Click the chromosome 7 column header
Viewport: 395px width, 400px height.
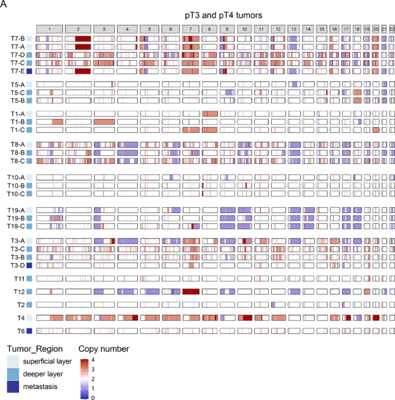[191, 29]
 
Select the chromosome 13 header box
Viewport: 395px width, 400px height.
[294, 29]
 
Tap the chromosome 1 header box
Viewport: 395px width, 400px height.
[50, 29]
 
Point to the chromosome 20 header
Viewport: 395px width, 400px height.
[375, 29]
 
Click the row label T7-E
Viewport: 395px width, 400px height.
[17, 71]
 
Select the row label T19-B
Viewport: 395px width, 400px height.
[16, 218]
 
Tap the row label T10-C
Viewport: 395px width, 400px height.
[16, 194]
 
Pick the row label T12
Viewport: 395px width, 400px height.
[19, 291]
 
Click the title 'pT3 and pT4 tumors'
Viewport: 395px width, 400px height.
[224, 16]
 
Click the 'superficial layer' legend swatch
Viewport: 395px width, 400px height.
[13, 361]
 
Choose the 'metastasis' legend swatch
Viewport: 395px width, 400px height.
[13, 387]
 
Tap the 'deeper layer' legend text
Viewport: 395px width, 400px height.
[43, 374]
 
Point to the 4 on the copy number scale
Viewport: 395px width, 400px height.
[93, 360]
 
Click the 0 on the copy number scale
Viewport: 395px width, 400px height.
[93, 398]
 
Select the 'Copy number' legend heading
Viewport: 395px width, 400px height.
[104, 349]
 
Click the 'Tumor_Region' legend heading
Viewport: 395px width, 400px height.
[35, 349]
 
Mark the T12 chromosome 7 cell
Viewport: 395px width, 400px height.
[191, 291]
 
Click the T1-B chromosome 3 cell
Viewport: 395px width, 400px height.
[104, 122]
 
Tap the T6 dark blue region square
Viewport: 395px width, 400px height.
[29, 331]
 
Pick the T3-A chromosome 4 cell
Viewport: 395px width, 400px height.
[127, 241]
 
